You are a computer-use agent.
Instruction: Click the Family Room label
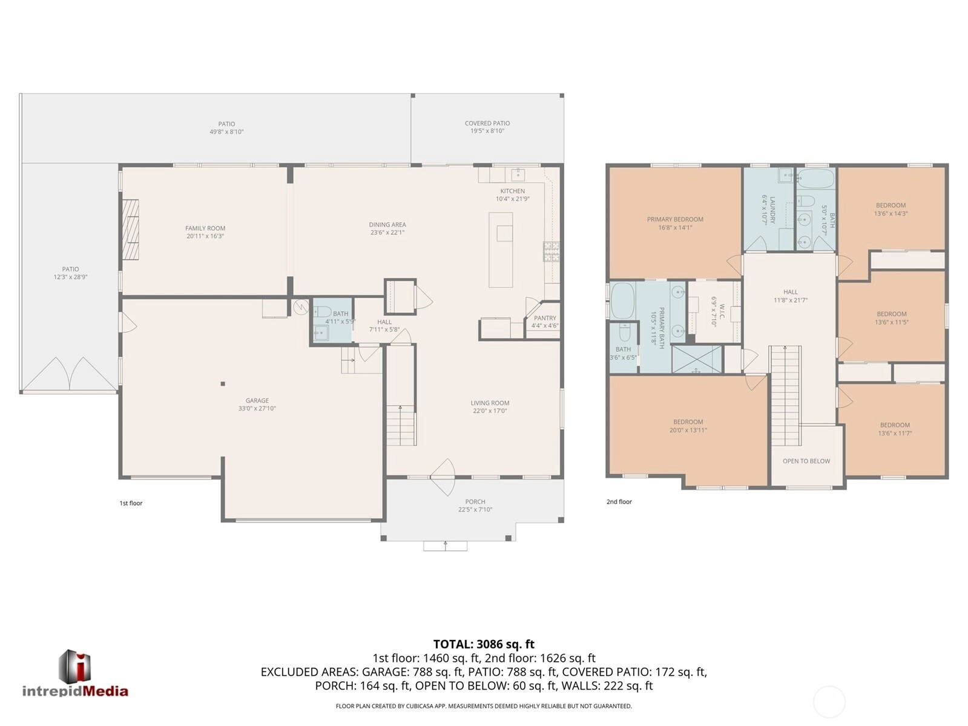tap(205, 228)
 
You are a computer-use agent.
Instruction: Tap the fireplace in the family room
tap(131, 229)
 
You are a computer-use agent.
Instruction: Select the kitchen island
tap(501, 249)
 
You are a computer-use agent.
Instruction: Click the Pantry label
tap(545, 318)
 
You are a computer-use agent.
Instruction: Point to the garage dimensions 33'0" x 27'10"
tap(257, 409)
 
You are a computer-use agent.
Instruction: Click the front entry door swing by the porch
tap(443, 477)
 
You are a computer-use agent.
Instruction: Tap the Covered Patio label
tap(487, 124)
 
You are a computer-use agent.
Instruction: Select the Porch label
tap(475, 501)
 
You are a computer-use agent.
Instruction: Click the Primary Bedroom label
tap(675, 219)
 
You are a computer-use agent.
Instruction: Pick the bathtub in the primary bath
tap(623, 302)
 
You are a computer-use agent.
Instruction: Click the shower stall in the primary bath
tap(696, 360)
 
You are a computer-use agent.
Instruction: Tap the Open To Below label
tap(806, 461)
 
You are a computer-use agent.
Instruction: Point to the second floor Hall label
tap(791, 292)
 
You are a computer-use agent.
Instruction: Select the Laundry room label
tap(772, 210)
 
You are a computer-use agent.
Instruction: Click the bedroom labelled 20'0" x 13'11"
tap(688, 426)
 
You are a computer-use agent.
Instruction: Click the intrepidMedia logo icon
tap(74, 667)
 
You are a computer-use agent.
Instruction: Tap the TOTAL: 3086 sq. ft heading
tap(484, 644)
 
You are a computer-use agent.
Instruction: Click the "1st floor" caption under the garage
tap(131, 503)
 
